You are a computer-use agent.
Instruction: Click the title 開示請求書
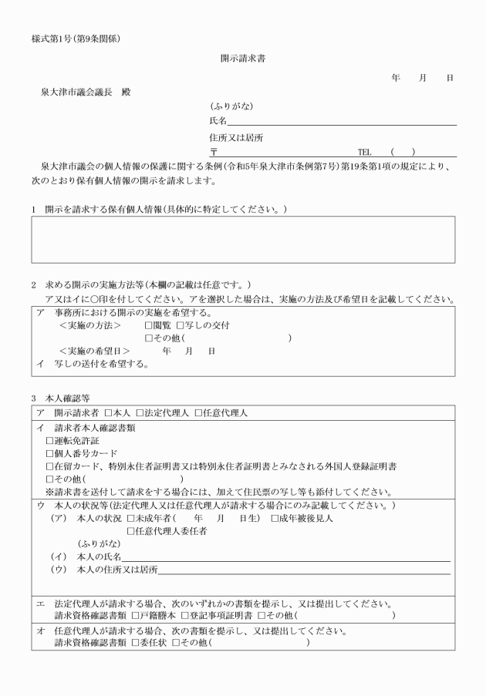pos(243,58)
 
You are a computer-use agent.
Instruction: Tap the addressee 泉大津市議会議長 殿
pos(86,92)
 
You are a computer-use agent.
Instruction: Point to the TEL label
pos(365,153)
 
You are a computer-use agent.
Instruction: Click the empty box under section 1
pos(243,240)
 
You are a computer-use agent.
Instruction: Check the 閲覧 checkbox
pos(149,326)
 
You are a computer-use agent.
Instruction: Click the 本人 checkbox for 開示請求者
pos(109,413)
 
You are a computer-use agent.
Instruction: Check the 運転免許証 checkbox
pos(50,440)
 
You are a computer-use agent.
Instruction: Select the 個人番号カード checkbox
pos(50,453)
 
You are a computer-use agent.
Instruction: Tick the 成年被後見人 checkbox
pos(275,517)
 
